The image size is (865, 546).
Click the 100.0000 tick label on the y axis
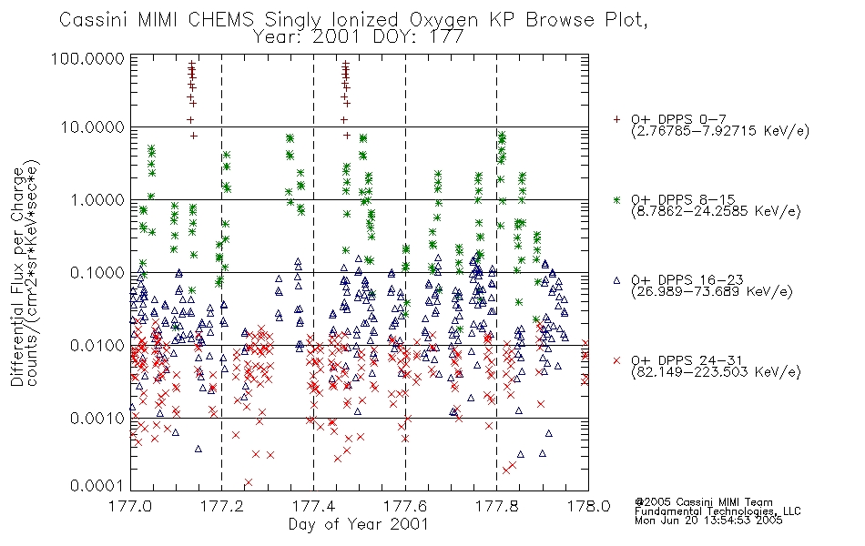tap(87, 58)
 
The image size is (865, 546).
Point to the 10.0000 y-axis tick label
tap(93, 127)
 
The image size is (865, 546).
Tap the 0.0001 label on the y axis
tap(97, 485)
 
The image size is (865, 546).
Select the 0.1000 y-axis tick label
tap(97, 273)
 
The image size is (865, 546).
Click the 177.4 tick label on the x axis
tap(313, 506)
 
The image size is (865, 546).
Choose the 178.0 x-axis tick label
tap(588, 506)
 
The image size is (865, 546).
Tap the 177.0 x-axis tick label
tap(130, 506)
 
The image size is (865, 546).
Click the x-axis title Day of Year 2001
tap(358, 523)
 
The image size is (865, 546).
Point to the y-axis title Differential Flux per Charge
tap(17, 277)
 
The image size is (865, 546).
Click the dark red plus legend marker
tap(616, 119)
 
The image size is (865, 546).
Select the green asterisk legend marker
tap(616, 199)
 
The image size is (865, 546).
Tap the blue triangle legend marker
tap(616, 280)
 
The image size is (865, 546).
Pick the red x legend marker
tap(616, 360)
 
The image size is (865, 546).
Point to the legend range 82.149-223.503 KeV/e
tap(716, 372)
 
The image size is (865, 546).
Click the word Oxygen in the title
tap(444, 20)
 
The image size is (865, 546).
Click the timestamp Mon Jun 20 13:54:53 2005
tap(708, 521)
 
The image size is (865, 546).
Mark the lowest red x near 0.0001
tap(249, 482)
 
